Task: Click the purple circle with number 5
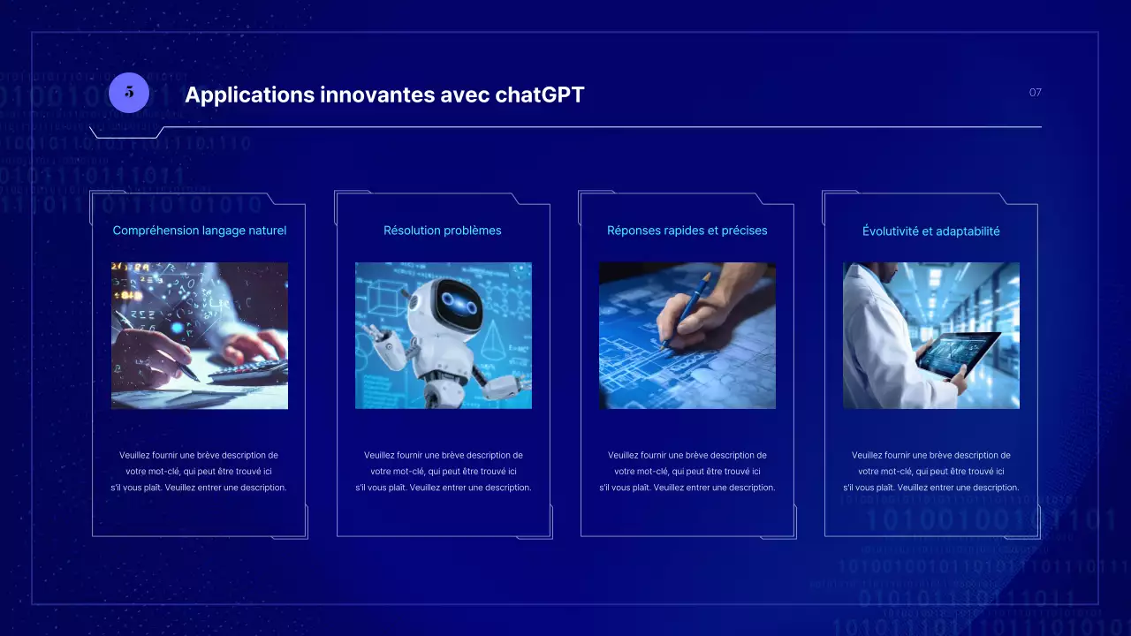click(129, 92)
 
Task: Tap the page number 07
click(1035, 92)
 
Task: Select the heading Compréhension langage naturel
click(200, 231)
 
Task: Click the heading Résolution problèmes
click(443, 231)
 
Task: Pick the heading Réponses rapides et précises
click(687, 231)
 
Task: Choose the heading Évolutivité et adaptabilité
click(930, 231)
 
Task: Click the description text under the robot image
click(443, 471)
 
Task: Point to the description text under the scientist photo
click(930, 471)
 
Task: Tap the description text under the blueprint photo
click(687, 471)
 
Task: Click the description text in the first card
click(199, 471)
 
